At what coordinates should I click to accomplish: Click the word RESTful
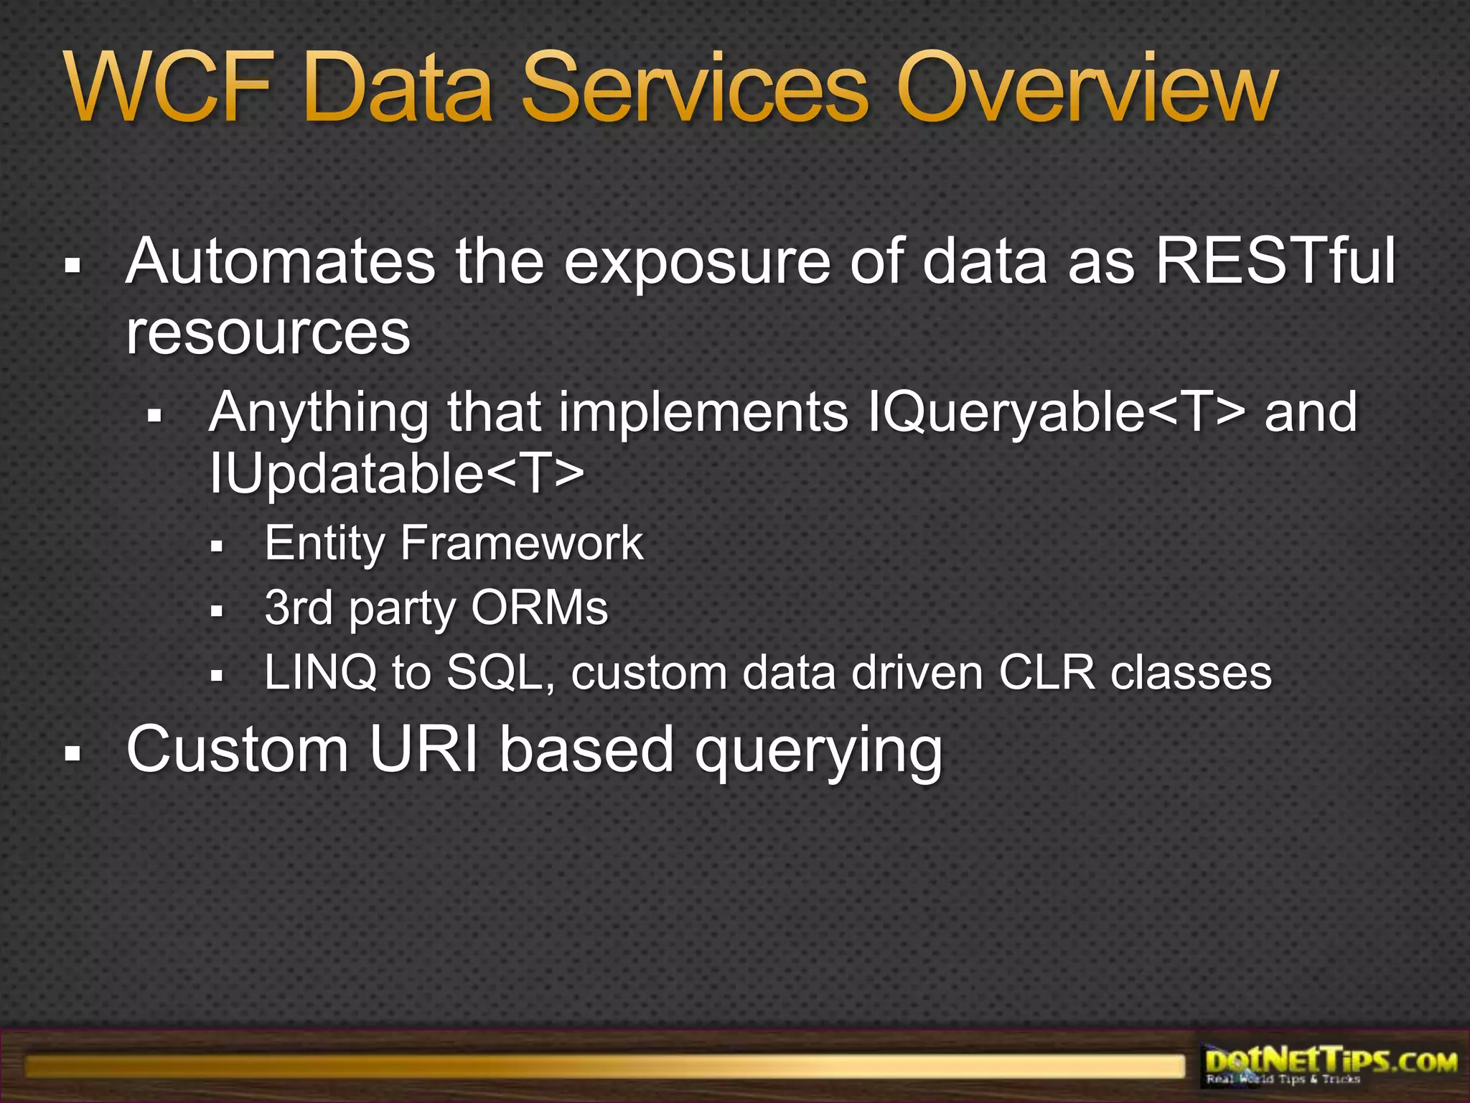1275,261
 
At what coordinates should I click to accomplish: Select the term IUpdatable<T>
396,473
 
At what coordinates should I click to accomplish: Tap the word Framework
522,543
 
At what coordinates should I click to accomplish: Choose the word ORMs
539,608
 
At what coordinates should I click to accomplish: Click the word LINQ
320,674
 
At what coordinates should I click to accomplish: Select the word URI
423,750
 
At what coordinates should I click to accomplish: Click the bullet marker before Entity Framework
217,546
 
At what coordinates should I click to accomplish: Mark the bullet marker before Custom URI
72,754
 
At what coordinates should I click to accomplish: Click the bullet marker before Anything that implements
154,415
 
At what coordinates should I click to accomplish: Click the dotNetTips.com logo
1330,1064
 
